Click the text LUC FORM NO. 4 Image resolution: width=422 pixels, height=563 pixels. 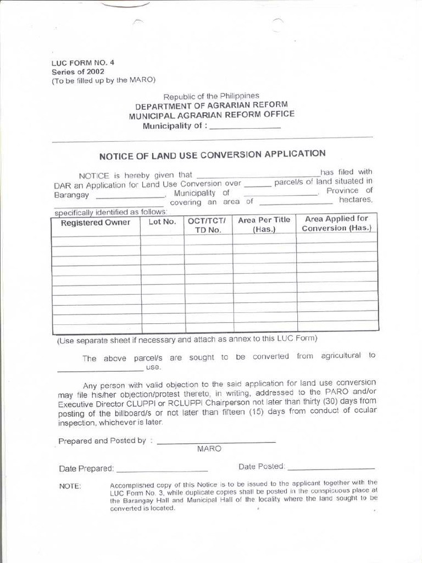(83, 63)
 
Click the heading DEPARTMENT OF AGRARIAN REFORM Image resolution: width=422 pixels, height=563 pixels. (212, 105)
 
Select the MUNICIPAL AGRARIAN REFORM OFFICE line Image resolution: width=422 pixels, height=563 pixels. (212, 115)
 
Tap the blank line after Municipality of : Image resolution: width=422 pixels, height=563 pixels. (245, 126)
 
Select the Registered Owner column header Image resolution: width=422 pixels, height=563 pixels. (96, 223)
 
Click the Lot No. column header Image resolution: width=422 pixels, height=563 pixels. (162, 222)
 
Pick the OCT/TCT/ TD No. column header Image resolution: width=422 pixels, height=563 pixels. (208, 225)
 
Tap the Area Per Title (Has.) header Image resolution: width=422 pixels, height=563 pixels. (264, 224)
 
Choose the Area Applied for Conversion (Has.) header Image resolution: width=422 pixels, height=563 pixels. (337, 223)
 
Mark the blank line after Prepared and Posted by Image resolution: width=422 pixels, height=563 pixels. (216, 441)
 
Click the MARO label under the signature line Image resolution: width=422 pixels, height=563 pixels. (209, 449)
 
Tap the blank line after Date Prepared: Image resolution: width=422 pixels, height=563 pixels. (162, 470)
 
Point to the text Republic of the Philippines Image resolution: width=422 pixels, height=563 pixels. (212, 96)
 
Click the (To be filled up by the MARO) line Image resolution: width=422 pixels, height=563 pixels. (104, 80)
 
